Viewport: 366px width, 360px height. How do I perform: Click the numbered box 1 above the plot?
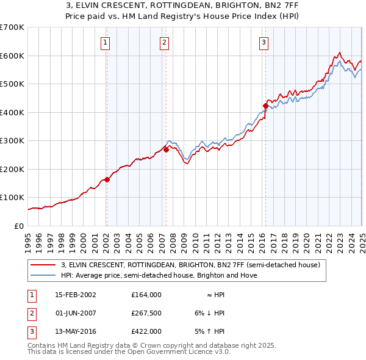tap(106, 42)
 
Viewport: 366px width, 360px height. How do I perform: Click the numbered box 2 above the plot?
tap(165, 42)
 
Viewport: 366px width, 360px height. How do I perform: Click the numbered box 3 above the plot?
tap(264, 42)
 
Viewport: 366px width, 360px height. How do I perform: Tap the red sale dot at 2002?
tap(107, 179)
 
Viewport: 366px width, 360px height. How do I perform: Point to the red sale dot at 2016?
tap(265, 106)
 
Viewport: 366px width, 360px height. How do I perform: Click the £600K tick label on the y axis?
tap(12, 56)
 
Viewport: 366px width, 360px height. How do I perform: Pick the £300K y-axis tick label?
tap(12, 141)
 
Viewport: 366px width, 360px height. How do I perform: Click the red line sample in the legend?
tap(43, 265)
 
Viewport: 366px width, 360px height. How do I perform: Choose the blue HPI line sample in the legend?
tap(43, 275)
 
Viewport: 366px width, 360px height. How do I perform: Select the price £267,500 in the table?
tap(146, 313)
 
